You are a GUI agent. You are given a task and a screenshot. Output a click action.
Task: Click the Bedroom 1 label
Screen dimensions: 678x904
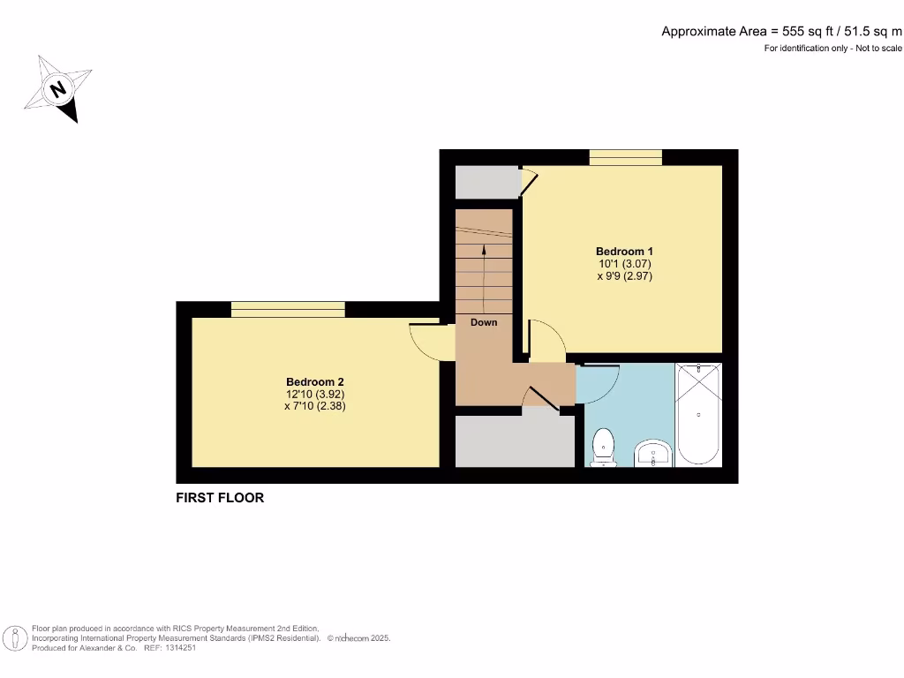pyautogui.click(x=624, y=252)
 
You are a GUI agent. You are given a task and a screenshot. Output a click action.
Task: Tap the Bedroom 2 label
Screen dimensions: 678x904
pyautogui.click(x=314, y=382)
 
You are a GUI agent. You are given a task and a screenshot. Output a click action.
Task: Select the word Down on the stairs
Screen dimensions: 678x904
pyautogui.click(x=484, y=322)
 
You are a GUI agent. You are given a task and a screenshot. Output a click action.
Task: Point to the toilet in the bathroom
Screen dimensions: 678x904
pyautogui.click(x=605, y=446)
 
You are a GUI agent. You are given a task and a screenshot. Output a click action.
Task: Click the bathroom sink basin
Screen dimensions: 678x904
pyautogui.click(x=653, y=454)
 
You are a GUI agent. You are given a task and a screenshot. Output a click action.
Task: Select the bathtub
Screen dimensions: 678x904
pyautogui.click(x=698, y=414)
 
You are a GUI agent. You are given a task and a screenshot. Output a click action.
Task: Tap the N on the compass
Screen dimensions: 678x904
pyautogui.click(x=58, y=89)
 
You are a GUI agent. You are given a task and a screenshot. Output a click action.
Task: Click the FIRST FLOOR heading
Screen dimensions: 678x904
pyautogui.click(x=220, y=498)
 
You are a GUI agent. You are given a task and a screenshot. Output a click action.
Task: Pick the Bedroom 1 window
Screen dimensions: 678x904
pyautogui.click(x=625, y=157)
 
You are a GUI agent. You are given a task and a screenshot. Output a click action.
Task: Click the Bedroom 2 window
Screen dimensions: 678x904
pyautogui.click(x=288, y=309)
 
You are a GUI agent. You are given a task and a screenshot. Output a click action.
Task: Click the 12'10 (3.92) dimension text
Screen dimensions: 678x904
pyautogui.click(x=314, y=395)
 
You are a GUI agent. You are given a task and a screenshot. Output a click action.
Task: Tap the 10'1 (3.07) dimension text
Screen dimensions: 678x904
pyautogui.click(x=624, y=263)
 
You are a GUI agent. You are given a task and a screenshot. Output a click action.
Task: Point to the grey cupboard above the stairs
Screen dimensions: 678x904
pyautogui.click(x=486, y=182)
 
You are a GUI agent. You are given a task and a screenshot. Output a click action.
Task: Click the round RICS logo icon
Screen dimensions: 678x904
pyautogui.click(x=15, y=637)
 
